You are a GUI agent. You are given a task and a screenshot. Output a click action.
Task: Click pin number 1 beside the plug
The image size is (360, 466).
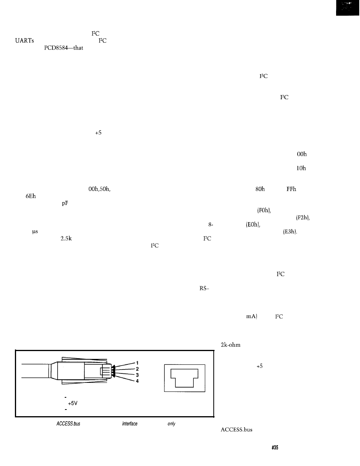[138, 362]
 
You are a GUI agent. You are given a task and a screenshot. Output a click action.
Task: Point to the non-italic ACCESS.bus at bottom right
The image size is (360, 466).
[234, 430]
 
